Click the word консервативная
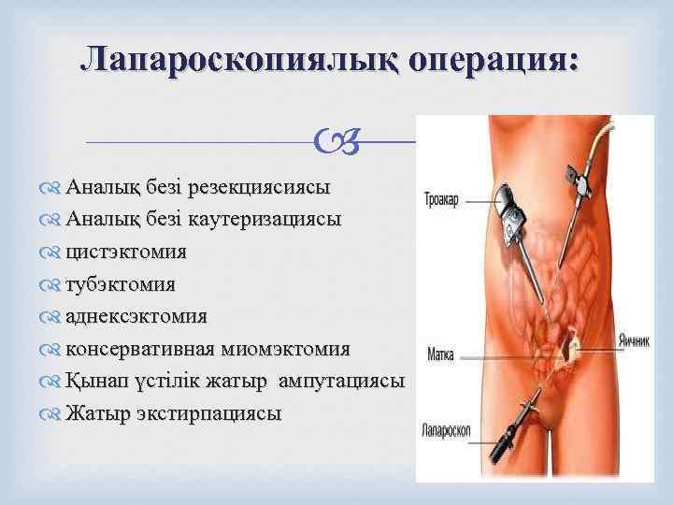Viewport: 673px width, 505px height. tap(139, 349)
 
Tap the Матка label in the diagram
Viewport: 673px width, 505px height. tap(442, 355)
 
